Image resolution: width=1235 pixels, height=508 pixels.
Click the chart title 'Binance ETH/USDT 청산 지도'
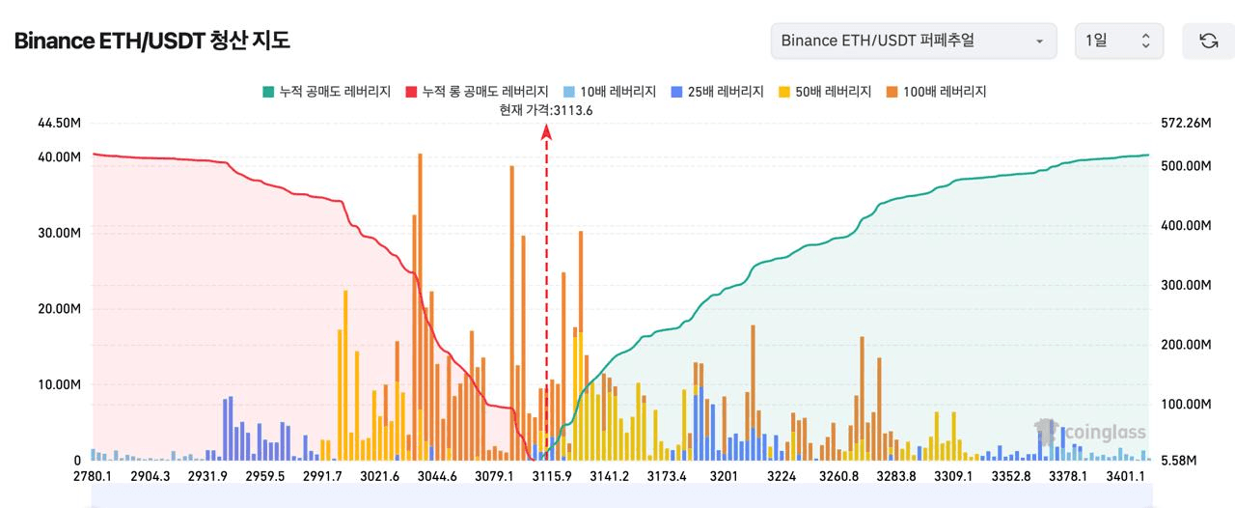(x=151, y=41)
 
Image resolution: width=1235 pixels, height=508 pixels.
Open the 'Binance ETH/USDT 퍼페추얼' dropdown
(x=913, y=41)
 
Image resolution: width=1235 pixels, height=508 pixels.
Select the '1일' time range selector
(x=1118, y=41)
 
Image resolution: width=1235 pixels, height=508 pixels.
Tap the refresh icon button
(x=1208, y=41)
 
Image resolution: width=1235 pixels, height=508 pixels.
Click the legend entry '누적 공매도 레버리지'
(x=326, y=92)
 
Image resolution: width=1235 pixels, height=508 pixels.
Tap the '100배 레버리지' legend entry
(x=935, y=92)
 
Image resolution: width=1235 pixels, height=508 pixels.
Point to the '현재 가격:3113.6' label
(x=546, y=110)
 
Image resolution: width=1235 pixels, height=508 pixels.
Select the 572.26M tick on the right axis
(x=1186, y=123)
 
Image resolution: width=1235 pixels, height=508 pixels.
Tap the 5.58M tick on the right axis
(x=1178, y=461)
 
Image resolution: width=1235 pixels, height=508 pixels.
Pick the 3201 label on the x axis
(x=724, y=476)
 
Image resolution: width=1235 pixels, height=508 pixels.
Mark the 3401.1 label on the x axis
(x=1125, y=476)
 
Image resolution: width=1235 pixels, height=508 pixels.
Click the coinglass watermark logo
(x=1090, y=432)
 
